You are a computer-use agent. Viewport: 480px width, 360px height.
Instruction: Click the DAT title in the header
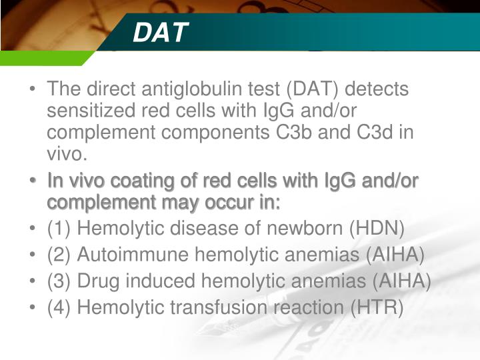click(x=160, y=33)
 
